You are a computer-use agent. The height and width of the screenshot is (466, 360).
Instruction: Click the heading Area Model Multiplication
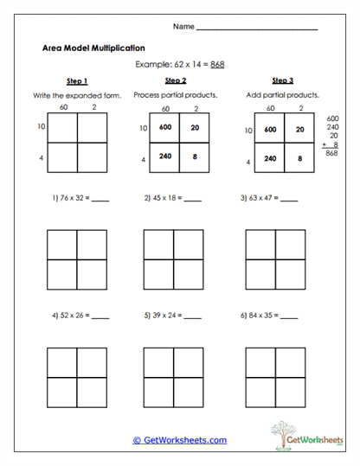(x=93, y=48)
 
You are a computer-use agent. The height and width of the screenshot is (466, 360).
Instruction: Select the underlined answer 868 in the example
(x=217, y=65)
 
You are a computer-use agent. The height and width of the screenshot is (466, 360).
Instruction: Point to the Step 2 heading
(x=176, y=80)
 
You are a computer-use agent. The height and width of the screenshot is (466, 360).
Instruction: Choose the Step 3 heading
(x=279, y=80)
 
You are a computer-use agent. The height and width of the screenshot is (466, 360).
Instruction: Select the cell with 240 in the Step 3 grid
(x=269, y=158)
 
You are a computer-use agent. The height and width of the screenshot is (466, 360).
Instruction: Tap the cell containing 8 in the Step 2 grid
(x=195, y=157)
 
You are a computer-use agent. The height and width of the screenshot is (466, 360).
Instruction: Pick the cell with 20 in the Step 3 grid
(x=299, y=129)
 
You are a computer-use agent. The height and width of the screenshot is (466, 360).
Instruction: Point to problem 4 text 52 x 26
(x=68, y=316)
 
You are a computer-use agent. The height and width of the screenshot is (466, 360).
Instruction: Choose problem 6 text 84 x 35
(x=259, y=316)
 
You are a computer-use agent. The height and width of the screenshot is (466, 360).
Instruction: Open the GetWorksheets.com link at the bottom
(x=180, y=440)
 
